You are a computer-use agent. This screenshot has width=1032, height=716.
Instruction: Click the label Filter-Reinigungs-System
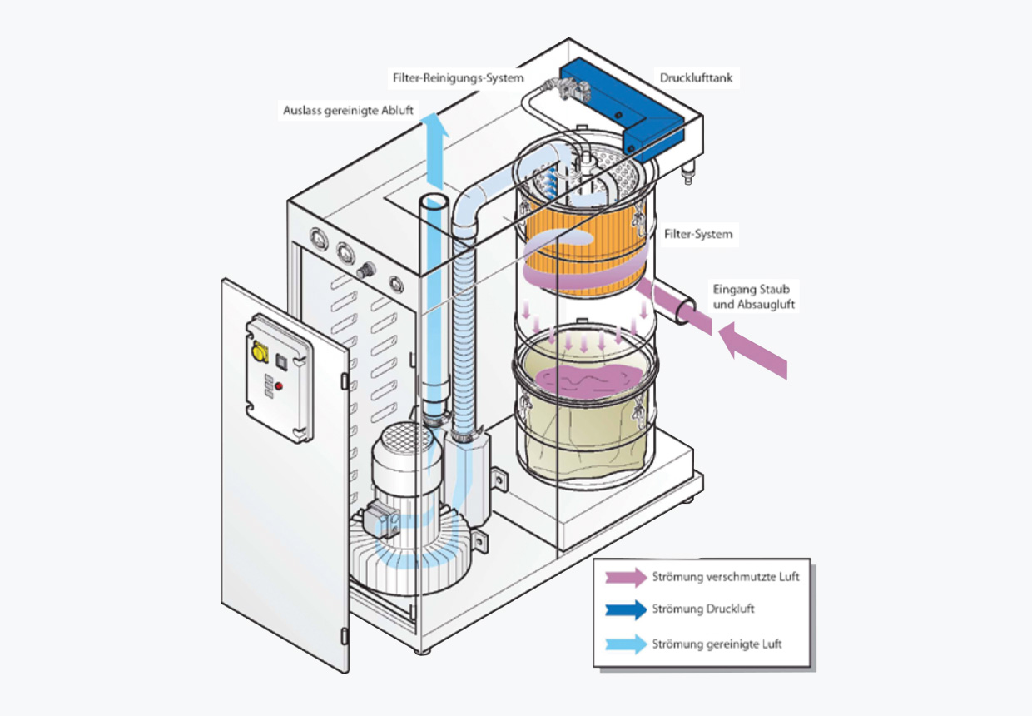(x=458, y=78)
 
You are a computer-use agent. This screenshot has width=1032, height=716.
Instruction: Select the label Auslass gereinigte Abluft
(x=346, y=110)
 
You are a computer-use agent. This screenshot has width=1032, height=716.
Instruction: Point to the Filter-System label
(x=698, y=235)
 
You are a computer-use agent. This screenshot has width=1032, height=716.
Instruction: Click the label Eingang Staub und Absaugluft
(x=753, y=297)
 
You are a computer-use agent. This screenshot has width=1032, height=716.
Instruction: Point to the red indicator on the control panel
(x=280, y=386)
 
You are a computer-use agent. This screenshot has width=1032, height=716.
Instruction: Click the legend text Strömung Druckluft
(x=703, y=609)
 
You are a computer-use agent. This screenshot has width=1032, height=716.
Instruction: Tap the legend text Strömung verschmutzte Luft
(x=726, y=577)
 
